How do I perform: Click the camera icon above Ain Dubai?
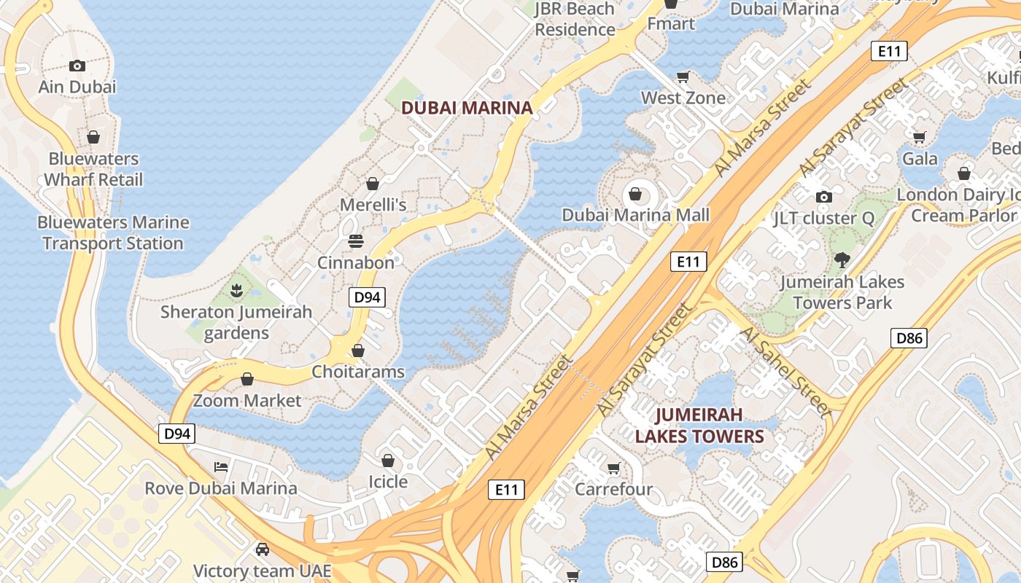click(77, 66)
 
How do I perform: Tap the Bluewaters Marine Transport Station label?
click(113, 233)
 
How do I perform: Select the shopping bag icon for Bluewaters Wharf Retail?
click(93, 137)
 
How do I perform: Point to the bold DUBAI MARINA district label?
click(467, 108)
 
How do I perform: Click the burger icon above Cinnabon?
click(356, 240)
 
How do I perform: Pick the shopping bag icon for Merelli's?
click(373, 184)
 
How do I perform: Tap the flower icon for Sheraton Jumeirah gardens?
click(236, 291)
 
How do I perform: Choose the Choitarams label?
click(358, 372)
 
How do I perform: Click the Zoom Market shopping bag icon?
click(247, 380)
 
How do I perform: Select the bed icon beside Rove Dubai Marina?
click(221, 466)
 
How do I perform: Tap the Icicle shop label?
click(388, 482)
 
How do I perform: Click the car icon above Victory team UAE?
click(262, 549)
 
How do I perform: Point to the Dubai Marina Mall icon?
click(635, 194)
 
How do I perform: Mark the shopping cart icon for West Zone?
click(683, 77)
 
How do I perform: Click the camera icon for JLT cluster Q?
click(824, 197)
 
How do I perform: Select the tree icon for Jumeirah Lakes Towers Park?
click(842, 259)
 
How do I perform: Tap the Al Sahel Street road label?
click(786, 372)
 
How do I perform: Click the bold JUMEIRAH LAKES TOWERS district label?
click(699, 426)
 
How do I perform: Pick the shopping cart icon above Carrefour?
click(613, 468)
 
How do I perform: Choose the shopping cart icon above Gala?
click(920, 137)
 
